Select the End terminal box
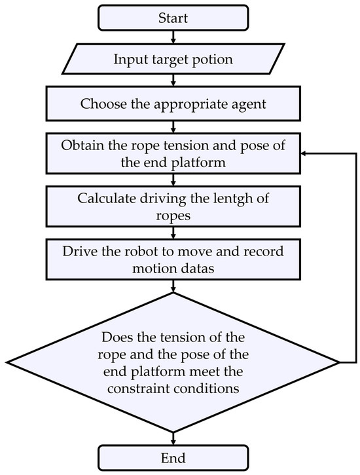(x=173, y=457)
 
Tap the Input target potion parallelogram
(x=173, y=60)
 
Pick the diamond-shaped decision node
(x=173, y=362)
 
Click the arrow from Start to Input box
(x=173, y=36)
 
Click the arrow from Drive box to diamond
(x=173, y=286)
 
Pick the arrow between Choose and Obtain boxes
(x=173, y=125)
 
